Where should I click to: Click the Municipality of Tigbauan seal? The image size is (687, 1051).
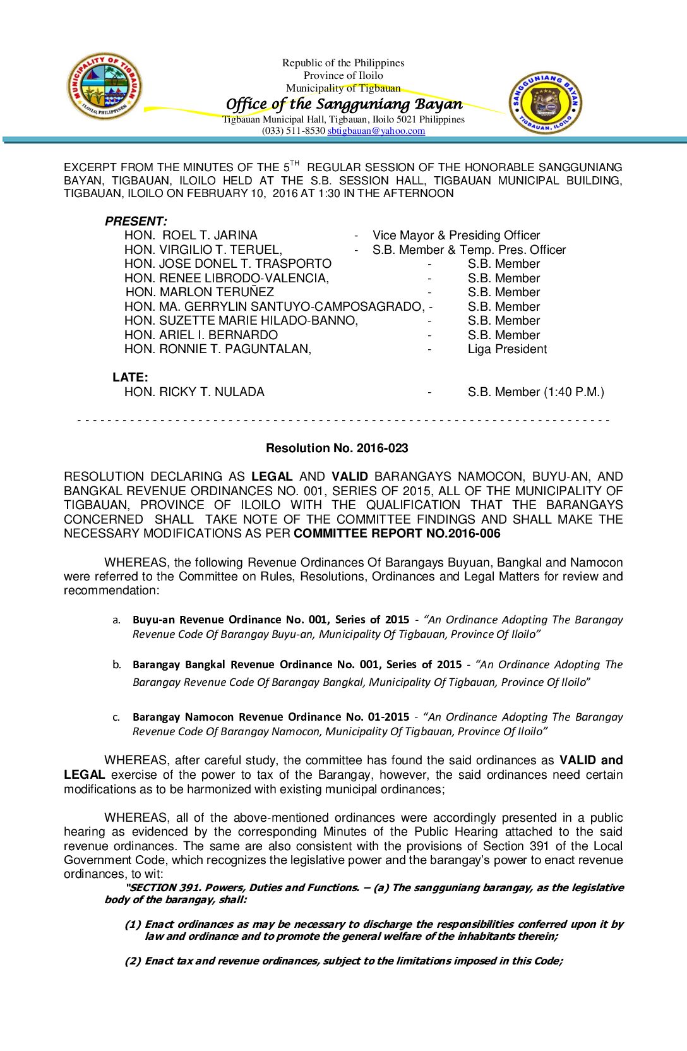pos(104,87)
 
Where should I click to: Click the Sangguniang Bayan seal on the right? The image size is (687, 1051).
pos(545,102)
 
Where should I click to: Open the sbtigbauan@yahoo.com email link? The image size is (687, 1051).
pos(376,131)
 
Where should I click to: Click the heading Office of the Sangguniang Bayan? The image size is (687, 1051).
pos(344,104)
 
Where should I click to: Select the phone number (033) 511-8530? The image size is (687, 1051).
pos(294,131)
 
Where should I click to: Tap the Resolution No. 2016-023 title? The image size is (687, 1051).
pos(337,448)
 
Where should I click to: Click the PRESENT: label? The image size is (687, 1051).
pos(136,221)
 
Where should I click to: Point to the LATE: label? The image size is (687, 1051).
pos(130,377)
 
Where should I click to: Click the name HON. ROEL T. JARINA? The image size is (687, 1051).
pos(191,236)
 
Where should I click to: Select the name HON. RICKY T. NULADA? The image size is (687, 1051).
pos(194,392)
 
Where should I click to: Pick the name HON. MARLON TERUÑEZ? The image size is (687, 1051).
pos(200,292)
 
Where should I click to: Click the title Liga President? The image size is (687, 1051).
pos(507,349)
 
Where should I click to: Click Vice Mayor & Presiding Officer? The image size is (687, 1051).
pos(456,236)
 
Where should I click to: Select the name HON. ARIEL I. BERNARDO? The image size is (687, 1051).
pos(201,335)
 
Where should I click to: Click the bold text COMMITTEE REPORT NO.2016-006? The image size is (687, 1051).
pos(397,534)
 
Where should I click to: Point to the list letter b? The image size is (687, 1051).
pos(116,664)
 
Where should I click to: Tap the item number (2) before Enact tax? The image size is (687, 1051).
pos(133,961)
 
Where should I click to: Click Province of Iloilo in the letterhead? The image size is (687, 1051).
pos(343,75)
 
